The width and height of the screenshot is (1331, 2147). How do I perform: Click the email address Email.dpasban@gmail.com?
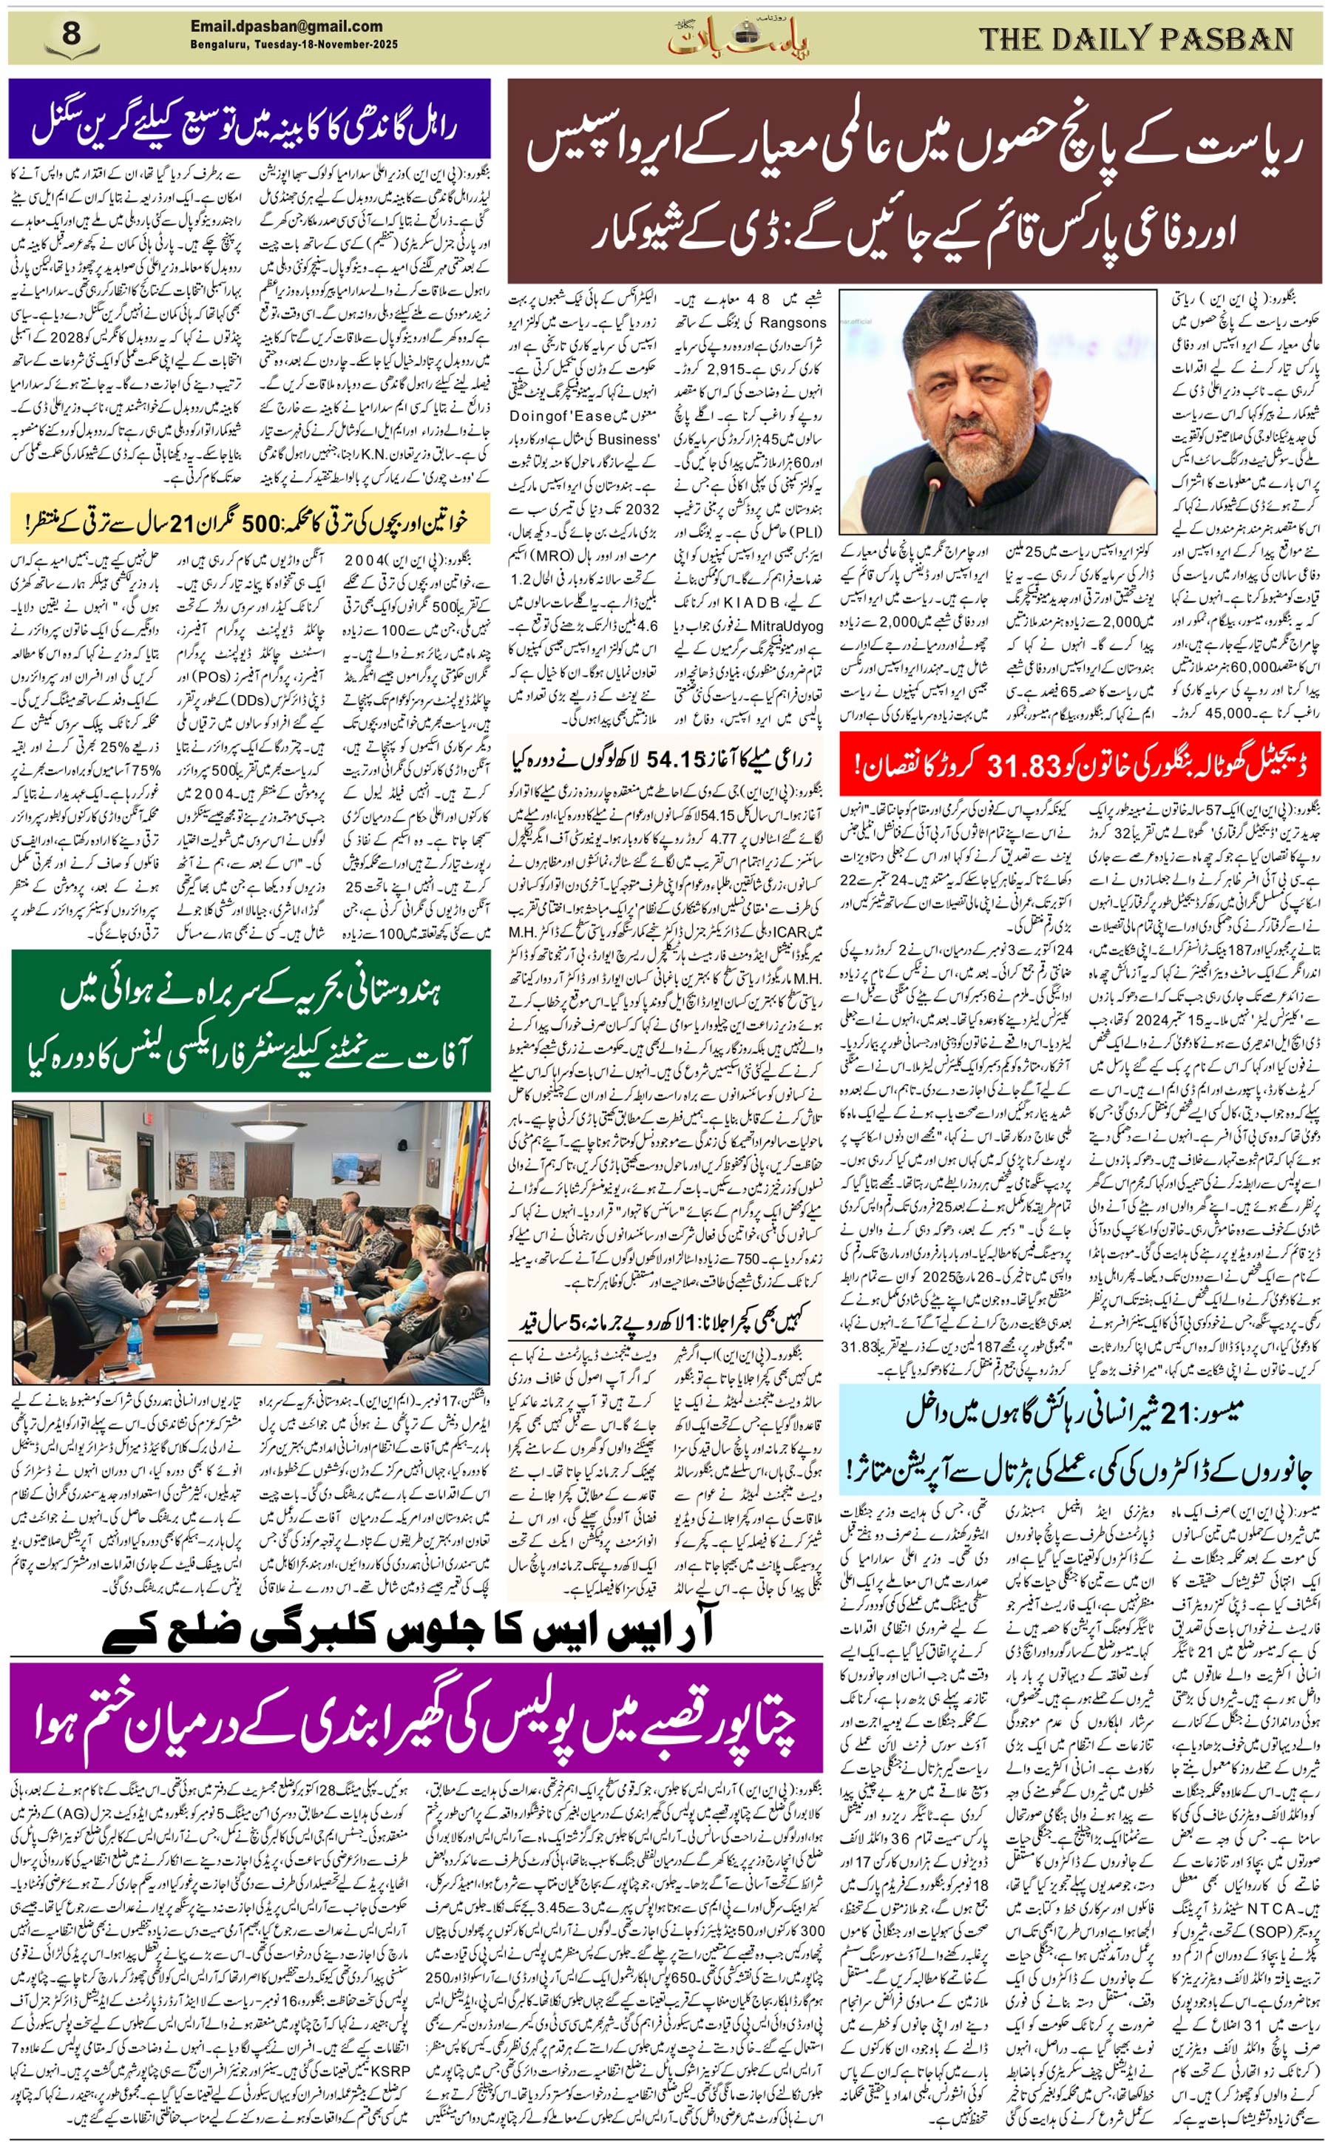pyautogui.click(x=286, y=27)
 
